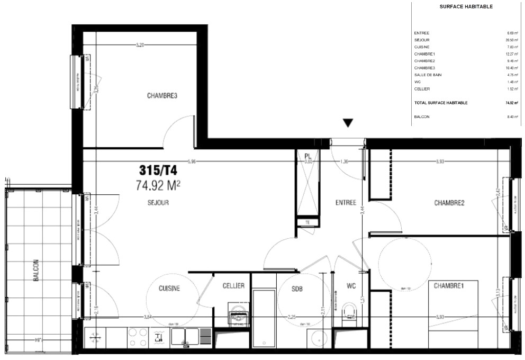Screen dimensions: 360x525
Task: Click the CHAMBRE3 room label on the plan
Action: [161, 96]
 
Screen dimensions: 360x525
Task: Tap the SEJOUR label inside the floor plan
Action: [158, 202]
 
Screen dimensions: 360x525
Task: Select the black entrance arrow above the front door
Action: [348, 123]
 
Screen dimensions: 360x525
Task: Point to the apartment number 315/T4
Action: [158, 170]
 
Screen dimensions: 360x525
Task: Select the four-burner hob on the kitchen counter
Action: [138, 337]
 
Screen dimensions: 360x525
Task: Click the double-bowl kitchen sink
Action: [185, 336]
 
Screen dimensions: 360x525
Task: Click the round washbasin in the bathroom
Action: [319, 338]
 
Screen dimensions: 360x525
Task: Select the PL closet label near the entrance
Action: [306, 156]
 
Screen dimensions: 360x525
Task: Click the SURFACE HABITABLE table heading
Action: [466, 7]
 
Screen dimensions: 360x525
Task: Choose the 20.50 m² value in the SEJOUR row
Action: [510, 40]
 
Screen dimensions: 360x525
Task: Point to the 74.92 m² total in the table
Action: [510, 103]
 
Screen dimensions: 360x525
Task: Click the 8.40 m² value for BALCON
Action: [510, 116]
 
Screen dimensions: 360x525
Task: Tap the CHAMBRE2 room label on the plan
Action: [449, 202]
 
